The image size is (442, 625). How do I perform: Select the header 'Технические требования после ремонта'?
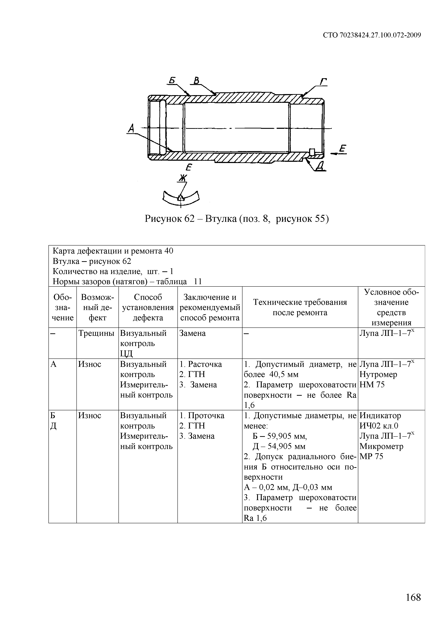click(x=300, y=307)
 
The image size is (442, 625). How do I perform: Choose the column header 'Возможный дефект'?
click(x=97, y=307)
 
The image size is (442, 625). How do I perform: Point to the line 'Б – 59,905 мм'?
click(x=280, y=436)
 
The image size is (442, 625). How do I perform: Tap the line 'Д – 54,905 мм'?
click(x=279, y=446)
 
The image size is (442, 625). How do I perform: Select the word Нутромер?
click(x=378, y=375)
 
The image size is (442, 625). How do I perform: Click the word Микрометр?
click(x=381, y=446)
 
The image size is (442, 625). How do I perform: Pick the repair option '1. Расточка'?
click(x=201, y=364)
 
